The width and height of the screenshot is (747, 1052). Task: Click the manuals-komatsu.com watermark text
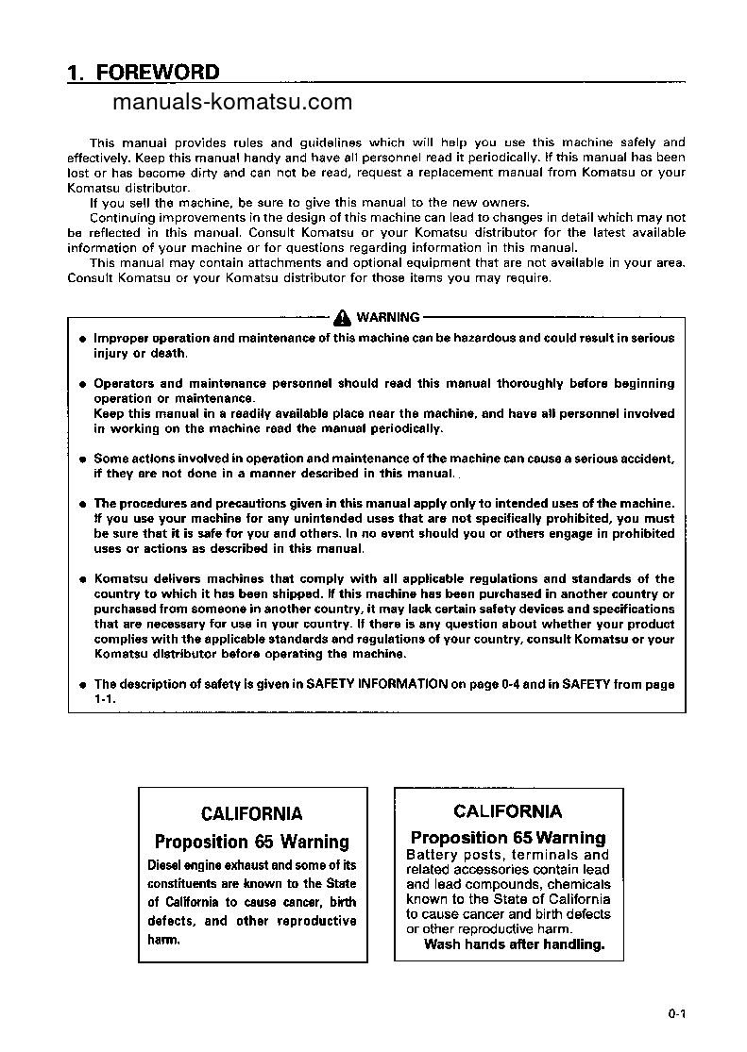point(231,102)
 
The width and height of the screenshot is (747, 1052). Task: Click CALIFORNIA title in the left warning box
point(252,813)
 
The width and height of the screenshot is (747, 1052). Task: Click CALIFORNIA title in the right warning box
point(507,811)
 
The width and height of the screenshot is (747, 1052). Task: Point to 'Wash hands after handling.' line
point(514,944)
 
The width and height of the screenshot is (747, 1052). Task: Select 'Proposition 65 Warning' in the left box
point(252,842)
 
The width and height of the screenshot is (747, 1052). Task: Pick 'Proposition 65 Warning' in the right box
point(508,838)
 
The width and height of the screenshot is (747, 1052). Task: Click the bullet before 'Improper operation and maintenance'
point(83,339)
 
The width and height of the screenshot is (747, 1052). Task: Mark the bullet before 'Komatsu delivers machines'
point(83,579)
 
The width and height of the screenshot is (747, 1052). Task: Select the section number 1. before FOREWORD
point(77,73)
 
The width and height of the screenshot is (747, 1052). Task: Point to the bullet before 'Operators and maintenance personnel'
point(83,384)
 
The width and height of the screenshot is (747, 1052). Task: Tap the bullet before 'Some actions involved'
point(83,459)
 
